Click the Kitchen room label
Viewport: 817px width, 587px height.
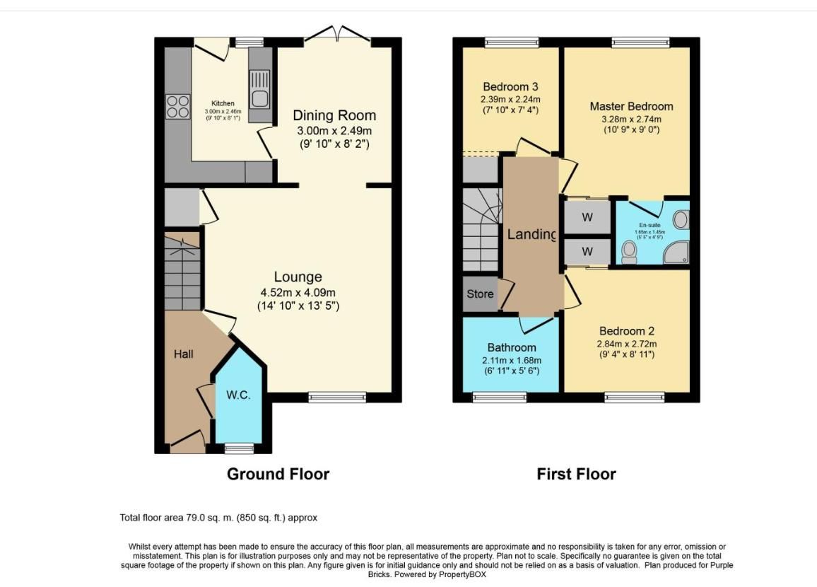pyautogui.click(x=223, y=103)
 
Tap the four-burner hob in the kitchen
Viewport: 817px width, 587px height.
pyautogui.click(x=178, y=106)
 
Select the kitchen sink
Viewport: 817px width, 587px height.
pyautogui.click(x=259, y=89)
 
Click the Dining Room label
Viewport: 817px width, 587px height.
pyautogui.click(x=334, y=115)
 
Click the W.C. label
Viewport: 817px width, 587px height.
pyautogui.click(x=238, y=395)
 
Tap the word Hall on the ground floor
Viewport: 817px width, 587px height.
pyautogui.click(x=184, y=354)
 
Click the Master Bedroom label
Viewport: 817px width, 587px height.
pyautogui.click(x=631, y=106)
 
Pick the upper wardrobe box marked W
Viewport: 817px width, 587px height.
pyautogui.click(x=587, y=217)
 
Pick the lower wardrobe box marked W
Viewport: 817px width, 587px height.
pyautogui.click(x=587, y=252)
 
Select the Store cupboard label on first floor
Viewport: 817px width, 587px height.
pyautogui.click(x=480, y=294)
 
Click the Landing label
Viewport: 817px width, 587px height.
pyautogui.click(x=531, y=234)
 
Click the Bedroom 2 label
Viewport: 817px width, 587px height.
pyautogui.click(x=626, y=331)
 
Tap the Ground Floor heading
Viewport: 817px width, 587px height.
pyautogui.click(x=278, y=474)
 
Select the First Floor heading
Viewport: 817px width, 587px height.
pyautogui.click(x=576, y=474)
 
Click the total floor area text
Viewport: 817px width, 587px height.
pyautogui.click(x=218, y=518)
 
